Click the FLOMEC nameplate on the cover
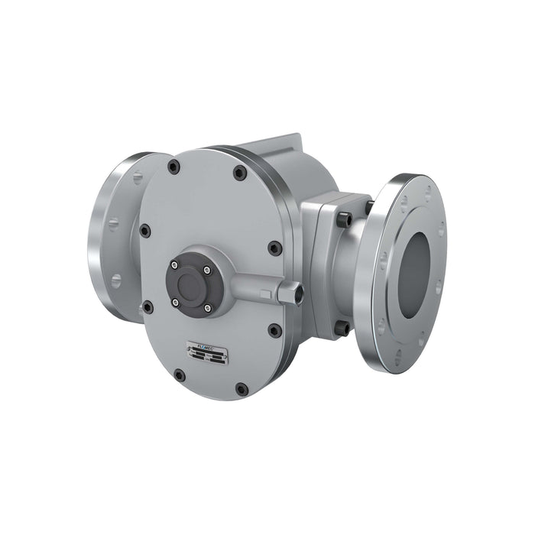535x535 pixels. click(206, 350)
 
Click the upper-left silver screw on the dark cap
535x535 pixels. click(175, 265)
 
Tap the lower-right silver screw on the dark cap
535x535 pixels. click(207, 308)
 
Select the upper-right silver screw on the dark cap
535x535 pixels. click(206, 269)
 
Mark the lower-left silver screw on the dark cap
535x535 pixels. click(176, 303)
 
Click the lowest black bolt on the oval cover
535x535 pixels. click(242, 389)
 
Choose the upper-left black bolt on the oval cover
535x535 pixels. click(174, 167)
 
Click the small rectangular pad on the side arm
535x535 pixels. click(264, 293)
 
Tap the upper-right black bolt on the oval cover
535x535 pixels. click(239, 173)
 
